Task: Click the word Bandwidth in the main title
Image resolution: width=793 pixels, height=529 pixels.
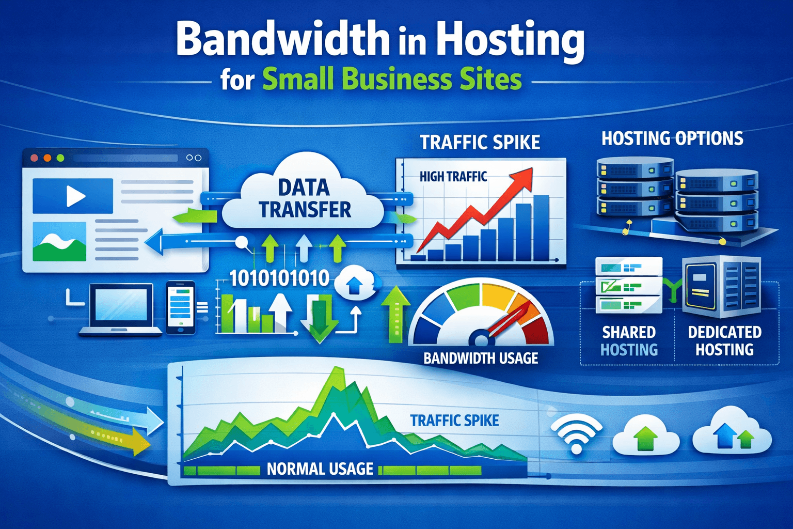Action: pyautogui.click(x=282, y=40)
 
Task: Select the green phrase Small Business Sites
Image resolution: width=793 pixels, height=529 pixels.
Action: pyautogui.click(x=392, y=80)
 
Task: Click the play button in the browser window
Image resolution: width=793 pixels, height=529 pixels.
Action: pyautogui.click(x=75, y=196)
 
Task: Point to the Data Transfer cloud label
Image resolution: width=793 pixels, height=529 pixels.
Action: pyautogui.click(x=305, y=198)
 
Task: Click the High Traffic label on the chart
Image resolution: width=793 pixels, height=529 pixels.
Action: pyautogui.click(x=453, y=177)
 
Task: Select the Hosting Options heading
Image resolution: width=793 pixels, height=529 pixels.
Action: pyautogui.click(x=672, y=138)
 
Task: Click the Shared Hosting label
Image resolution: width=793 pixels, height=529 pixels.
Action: pyautogui.click(x=629, y=341)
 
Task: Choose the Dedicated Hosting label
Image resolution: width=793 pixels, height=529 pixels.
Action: pyautogui.click(x=724, y=341)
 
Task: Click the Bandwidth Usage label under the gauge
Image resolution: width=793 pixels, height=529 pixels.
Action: pyautogui.click(x=481, y=358)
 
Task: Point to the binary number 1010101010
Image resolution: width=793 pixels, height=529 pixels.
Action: pyautogui.click(x=279, y=278)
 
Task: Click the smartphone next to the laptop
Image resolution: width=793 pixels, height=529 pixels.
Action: pyautogui.click(x=181, y=307)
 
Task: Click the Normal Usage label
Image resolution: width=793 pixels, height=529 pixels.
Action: pyautogui.click(x=320, y=469)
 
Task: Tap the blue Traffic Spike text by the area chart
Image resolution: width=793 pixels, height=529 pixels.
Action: pyautogui.click(x=454, y=421)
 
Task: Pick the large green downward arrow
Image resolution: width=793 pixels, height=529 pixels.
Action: pyautogui.click(x=319, y=320)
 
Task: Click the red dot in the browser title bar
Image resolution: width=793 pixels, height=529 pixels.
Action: pyautogui.click(x=35, y=158)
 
